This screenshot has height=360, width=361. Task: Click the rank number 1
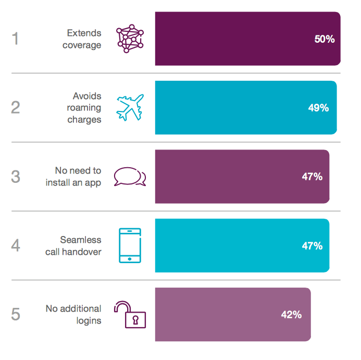15,39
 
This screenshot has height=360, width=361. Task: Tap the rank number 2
15,108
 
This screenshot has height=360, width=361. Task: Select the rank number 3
15,177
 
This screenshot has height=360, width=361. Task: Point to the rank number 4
15,245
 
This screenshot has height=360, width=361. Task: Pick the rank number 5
15,315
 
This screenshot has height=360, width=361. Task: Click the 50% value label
324,39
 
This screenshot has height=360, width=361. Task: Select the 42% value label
291,315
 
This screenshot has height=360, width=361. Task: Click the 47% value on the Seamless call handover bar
312,245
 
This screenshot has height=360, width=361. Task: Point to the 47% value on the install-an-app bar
312,177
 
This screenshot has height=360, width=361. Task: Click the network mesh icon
130,39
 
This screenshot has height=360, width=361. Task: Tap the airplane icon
130,107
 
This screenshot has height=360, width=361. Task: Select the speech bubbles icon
130,177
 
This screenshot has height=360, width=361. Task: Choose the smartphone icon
130,245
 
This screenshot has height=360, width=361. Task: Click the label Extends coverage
82,39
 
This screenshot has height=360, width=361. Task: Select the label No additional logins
73,315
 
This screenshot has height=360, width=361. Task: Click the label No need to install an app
73,177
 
